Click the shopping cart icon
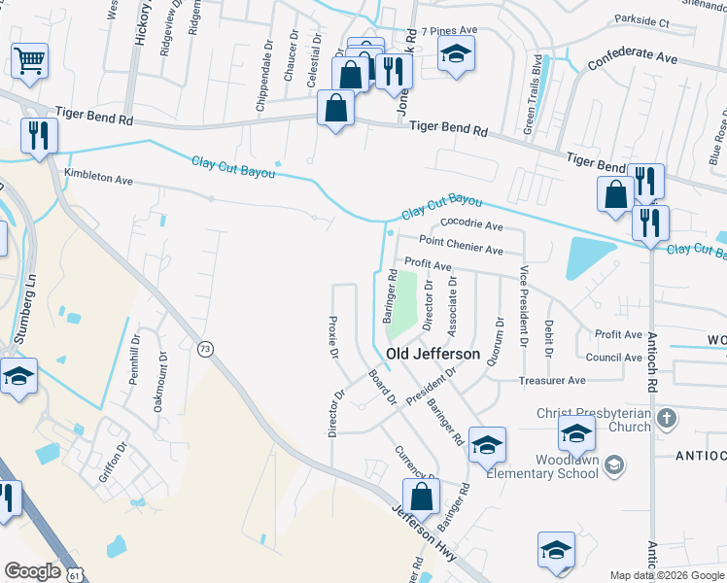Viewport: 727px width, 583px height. click(x=30, y=60)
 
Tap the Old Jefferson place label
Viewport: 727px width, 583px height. click(x=433, y=354)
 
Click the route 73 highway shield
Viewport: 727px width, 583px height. click(x=205, y=349)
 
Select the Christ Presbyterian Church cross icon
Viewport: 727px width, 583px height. click(x=666, y=419)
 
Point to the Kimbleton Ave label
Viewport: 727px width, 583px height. click(x=97, y=179)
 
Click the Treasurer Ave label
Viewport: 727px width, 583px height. click(x=552, y=380)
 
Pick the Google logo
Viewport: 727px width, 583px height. click(x=34, y=571)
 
